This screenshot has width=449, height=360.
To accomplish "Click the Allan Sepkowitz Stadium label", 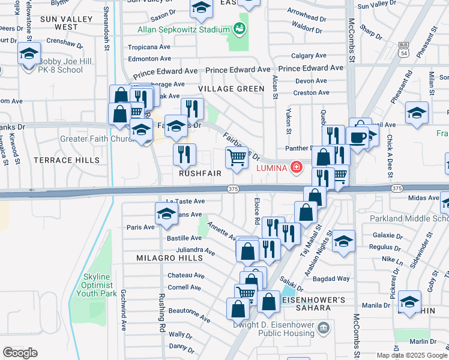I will (x=175, y=29).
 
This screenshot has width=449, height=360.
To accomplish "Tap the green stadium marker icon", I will (x=240, y=29).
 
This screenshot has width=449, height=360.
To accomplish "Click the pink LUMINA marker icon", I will (x=296, y=167).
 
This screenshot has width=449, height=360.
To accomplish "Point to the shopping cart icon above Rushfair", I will (x=237, y=158).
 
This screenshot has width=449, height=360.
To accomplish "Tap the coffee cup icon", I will (x=359, y=137).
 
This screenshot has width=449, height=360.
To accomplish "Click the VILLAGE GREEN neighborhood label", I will (x=231, y=89).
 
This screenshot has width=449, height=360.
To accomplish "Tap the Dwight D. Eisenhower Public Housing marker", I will (x=324, y=328).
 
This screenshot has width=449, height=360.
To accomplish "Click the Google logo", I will (x=20, y=353).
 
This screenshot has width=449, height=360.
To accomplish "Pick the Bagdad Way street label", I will (x=335, y=278).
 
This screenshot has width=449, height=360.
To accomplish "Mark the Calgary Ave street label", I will (x=310, y=56).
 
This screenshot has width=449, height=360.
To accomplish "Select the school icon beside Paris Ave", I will (x=166, y=214).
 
